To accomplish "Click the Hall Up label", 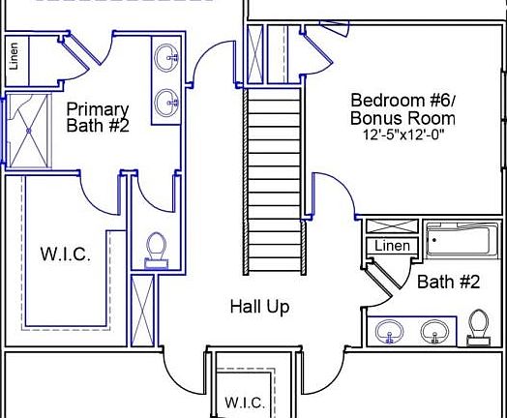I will (x=259, y=307).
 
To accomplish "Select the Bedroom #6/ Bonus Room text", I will (x=403, y=109).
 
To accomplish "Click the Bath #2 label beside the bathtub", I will (x=448, y=283).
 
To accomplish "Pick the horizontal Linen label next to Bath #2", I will (x=392, y=247).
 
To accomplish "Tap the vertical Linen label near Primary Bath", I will (x=14, y=57).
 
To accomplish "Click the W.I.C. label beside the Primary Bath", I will (x=66, y=255).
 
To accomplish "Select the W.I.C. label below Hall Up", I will (x=244, y=402).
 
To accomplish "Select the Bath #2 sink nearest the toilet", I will (x=437, y=331).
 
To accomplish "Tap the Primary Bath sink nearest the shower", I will (x=167, y=100).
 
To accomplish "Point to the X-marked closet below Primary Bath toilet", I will (x=142, y=309).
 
